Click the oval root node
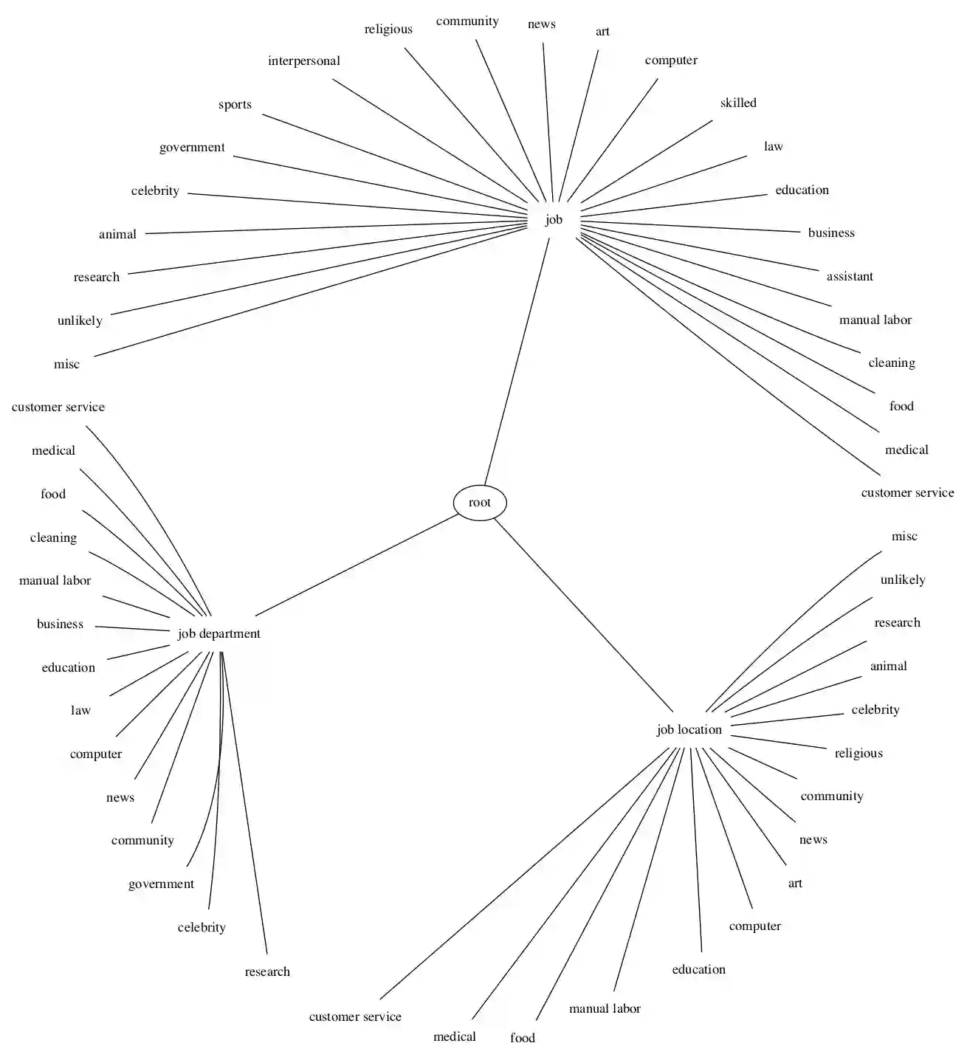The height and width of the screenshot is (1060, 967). coord(480,503)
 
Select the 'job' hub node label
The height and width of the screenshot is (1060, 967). coord(554,219)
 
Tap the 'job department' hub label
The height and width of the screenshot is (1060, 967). coord(219,633)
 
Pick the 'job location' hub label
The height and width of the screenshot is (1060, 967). coord(689,729)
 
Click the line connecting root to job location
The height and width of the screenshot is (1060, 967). coord(583,614)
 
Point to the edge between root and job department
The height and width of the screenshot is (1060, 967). coord(357,565)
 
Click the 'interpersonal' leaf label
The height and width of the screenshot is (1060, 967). coord(304,61)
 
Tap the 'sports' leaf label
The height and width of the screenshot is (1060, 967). coord(235,104)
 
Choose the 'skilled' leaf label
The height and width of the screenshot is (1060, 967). coord(738,103)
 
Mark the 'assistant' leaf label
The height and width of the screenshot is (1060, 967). coord(850,276)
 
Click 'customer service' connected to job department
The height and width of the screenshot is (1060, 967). coord(58,407)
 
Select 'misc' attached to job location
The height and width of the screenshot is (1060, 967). coord(904,536)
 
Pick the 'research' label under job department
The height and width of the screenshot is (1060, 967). coord(267,971)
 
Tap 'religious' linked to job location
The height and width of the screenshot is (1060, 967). coord(858,753)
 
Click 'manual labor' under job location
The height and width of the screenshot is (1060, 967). coord(605,1008)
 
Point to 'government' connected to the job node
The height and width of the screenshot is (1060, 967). coord(192,147)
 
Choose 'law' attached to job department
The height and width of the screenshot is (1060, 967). coord(80,710)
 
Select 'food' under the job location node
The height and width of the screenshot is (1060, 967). coord(523,1038)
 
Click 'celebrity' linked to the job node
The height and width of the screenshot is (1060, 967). coord(155,190)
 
